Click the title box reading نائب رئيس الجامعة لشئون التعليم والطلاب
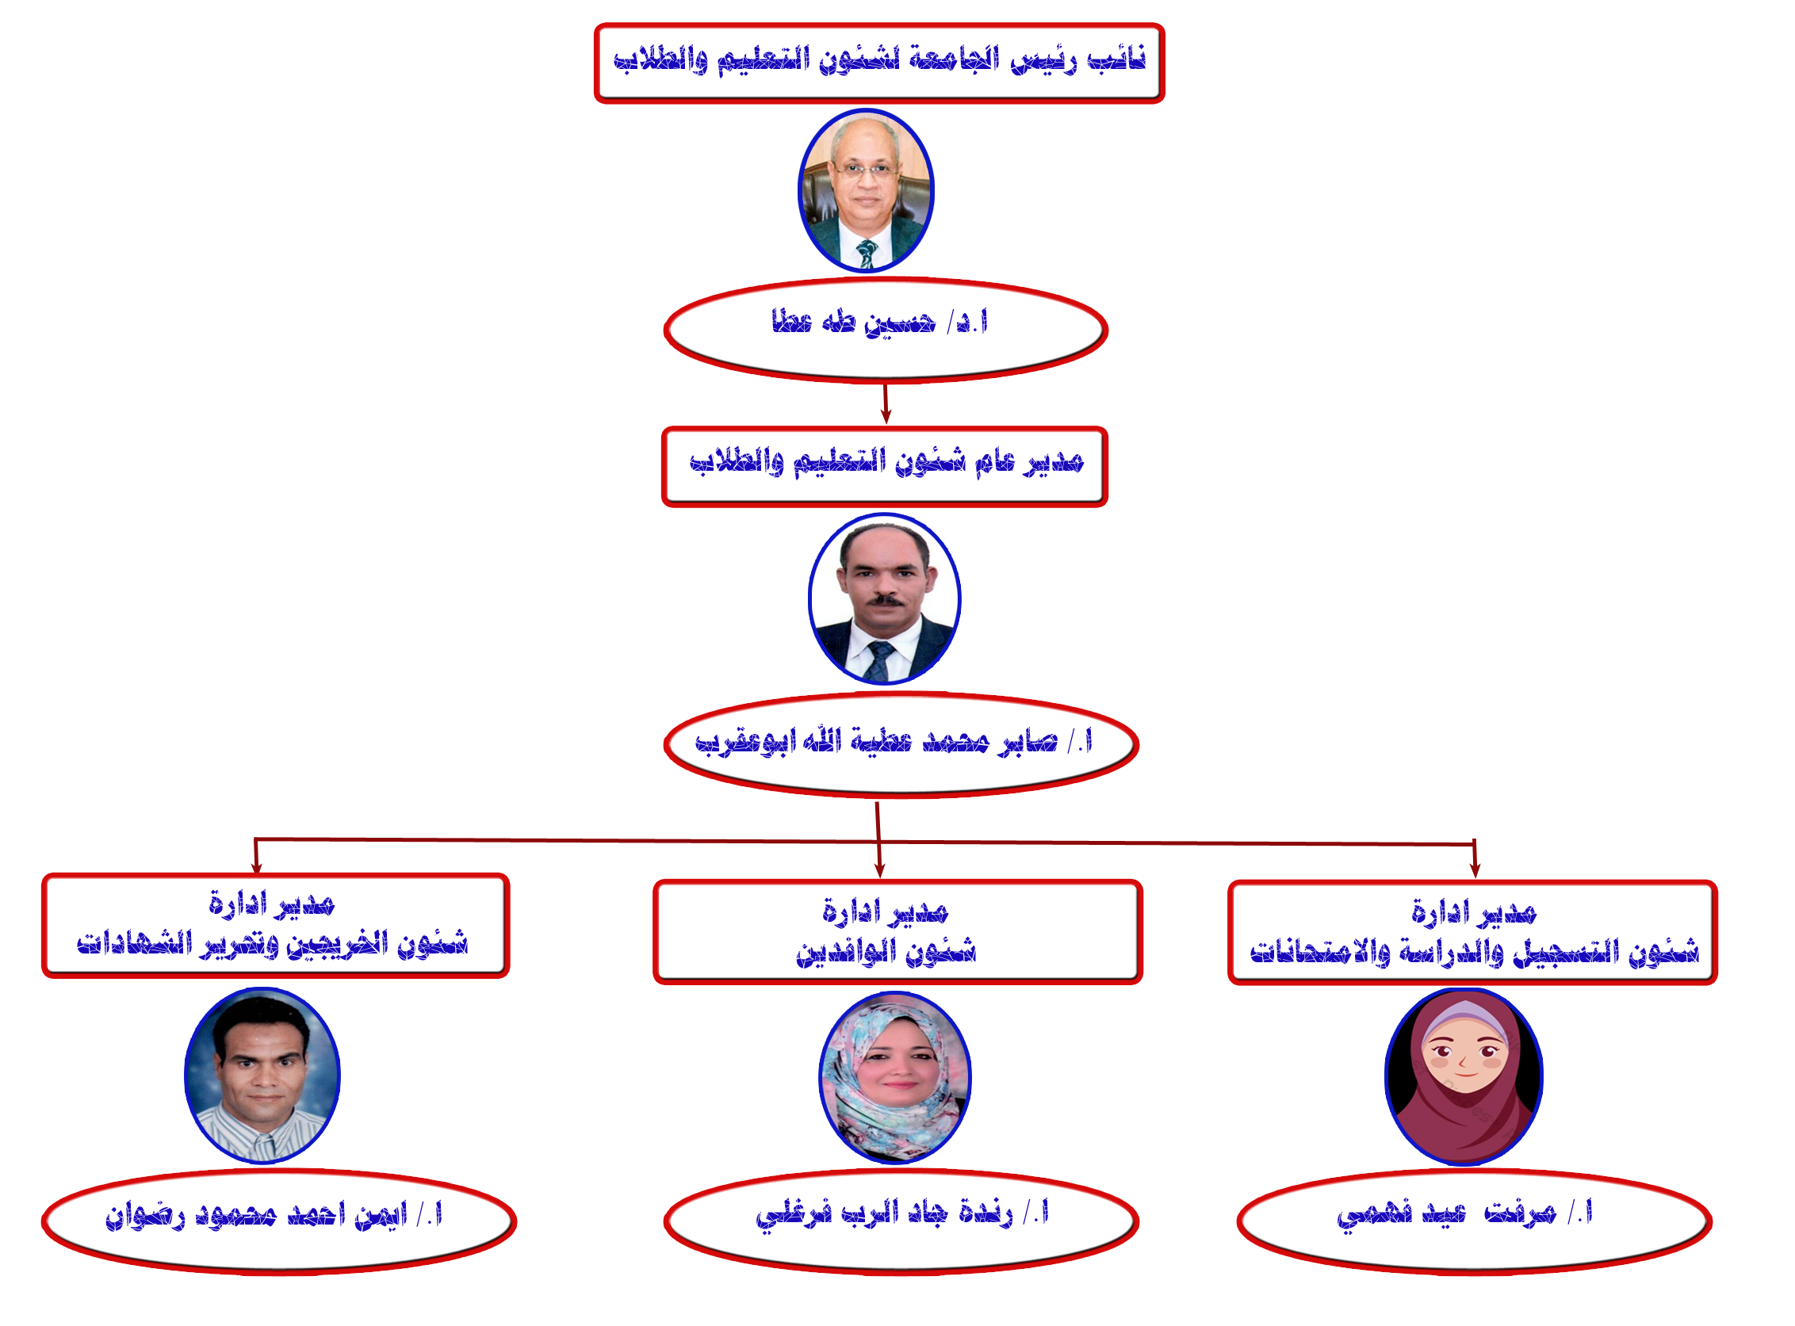pyautogui.click(x=879, y=63)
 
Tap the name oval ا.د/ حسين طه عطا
pyautogui.click(x=886, y=330)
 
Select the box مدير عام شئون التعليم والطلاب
pyautogui.click(x=885, y=467)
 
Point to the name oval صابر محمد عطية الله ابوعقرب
pyautogui.click(x=901, y=745)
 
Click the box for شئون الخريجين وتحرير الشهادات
pyautogui.click(x=275, y=926)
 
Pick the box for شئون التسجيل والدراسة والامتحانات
pyautogui.click(x=1472, y=933)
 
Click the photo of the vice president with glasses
pyautogui.click(x=865, y=191)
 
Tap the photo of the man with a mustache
pyautogui.click(x=884, y=598)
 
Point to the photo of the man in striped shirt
pyautogui.click(x=262, y=1076)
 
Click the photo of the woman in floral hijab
pyautogui.click(x=895, y=1077)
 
